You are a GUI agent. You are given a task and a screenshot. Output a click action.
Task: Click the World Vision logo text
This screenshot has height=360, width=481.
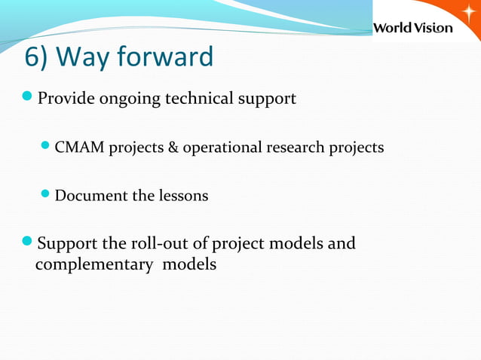point(413,28)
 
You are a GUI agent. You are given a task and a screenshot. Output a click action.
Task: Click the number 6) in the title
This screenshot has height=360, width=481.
point(38,56)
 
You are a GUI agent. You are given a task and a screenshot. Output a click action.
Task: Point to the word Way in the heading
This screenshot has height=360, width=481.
point(81,56)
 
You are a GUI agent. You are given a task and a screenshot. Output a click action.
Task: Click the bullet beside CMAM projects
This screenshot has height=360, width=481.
point(47,147)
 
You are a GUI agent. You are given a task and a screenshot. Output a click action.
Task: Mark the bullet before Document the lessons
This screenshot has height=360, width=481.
point(47,195)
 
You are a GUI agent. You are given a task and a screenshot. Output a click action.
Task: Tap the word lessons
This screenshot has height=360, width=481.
point(183,196)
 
